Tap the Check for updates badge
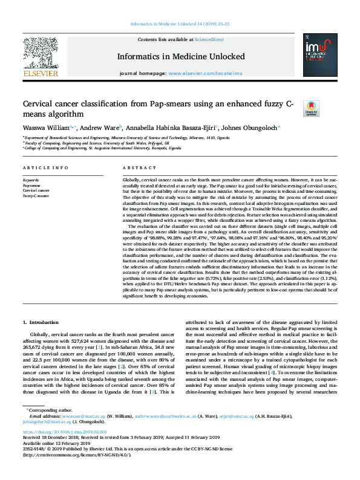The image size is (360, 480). [x=311, y=108]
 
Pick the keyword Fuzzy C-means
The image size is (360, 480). [x=36, y=196]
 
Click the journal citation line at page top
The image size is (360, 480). [x=180, y=24]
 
